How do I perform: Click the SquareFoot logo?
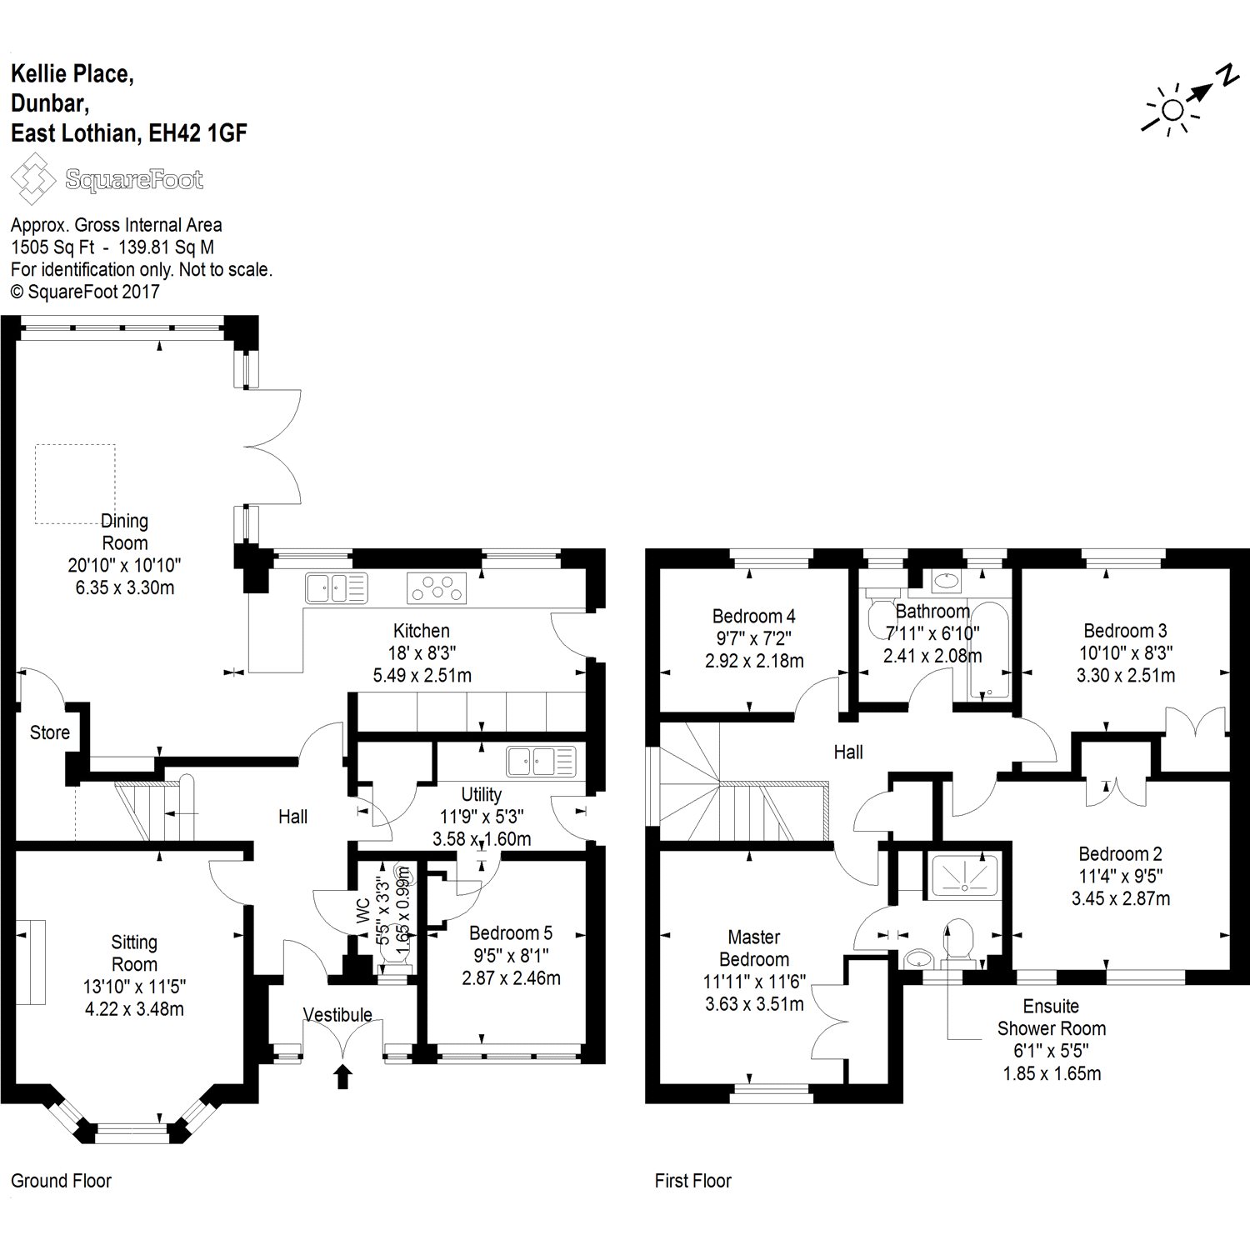(107, 180)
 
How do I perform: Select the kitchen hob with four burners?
(437, 588)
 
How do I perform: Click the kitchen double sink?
(336, 588)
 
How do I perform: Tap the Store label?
(50, 732)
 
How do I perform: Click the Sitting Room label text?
(134, 953)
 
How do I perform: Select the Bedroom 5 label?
(510, 932)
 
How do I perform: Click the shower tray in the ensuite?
(964, 875)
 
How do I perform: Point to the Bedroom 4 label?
(753, 616)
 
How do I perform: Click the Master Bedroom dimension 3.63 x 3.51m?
(754, 1004)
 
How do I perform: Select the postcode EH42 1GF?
(197, 133)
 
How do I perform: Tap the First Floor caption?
(692, 1181)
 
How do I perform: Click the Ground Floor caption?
(61, 1181)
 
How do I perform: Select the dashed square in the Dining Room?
(75, 484)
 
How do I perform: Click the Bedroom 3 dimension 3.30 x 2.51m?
(1125, 675)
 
